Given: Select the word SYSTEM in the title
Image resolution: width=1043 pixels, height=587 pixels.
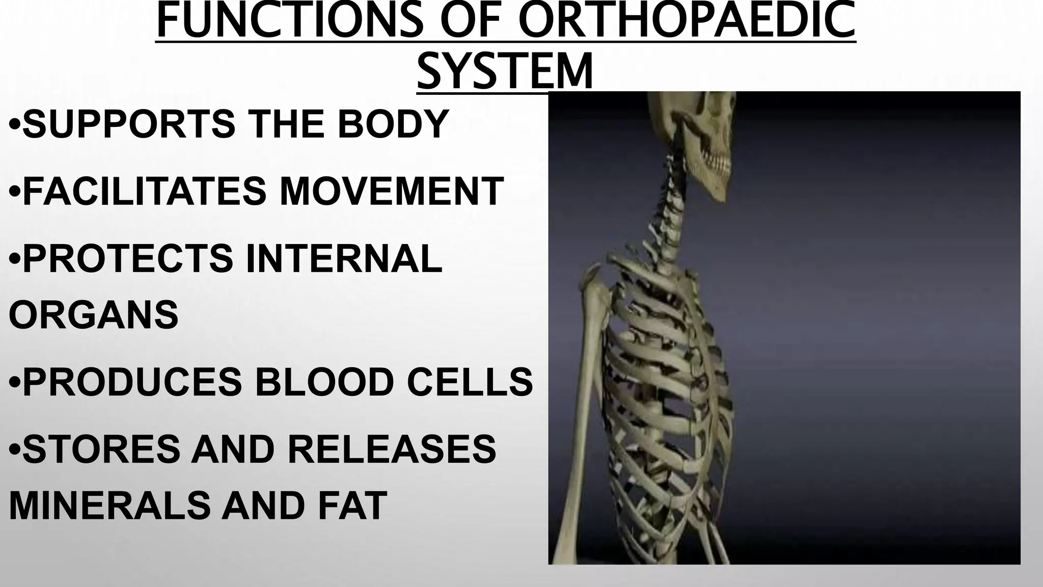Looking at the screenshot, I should pos(505,71).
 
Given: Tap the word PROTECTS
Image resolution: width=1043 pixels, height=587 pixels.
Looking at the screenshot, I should pos(128,258).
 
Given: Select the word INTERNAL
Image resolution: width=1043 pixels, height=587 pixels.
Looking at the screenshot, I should pos(344,258).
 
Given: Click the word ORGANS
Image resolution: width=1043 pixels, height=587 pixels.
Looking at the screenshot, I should pos(94,314).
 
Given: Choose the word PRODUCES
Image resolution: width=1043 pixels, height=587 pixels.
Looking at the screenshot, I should pos(132,382).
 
